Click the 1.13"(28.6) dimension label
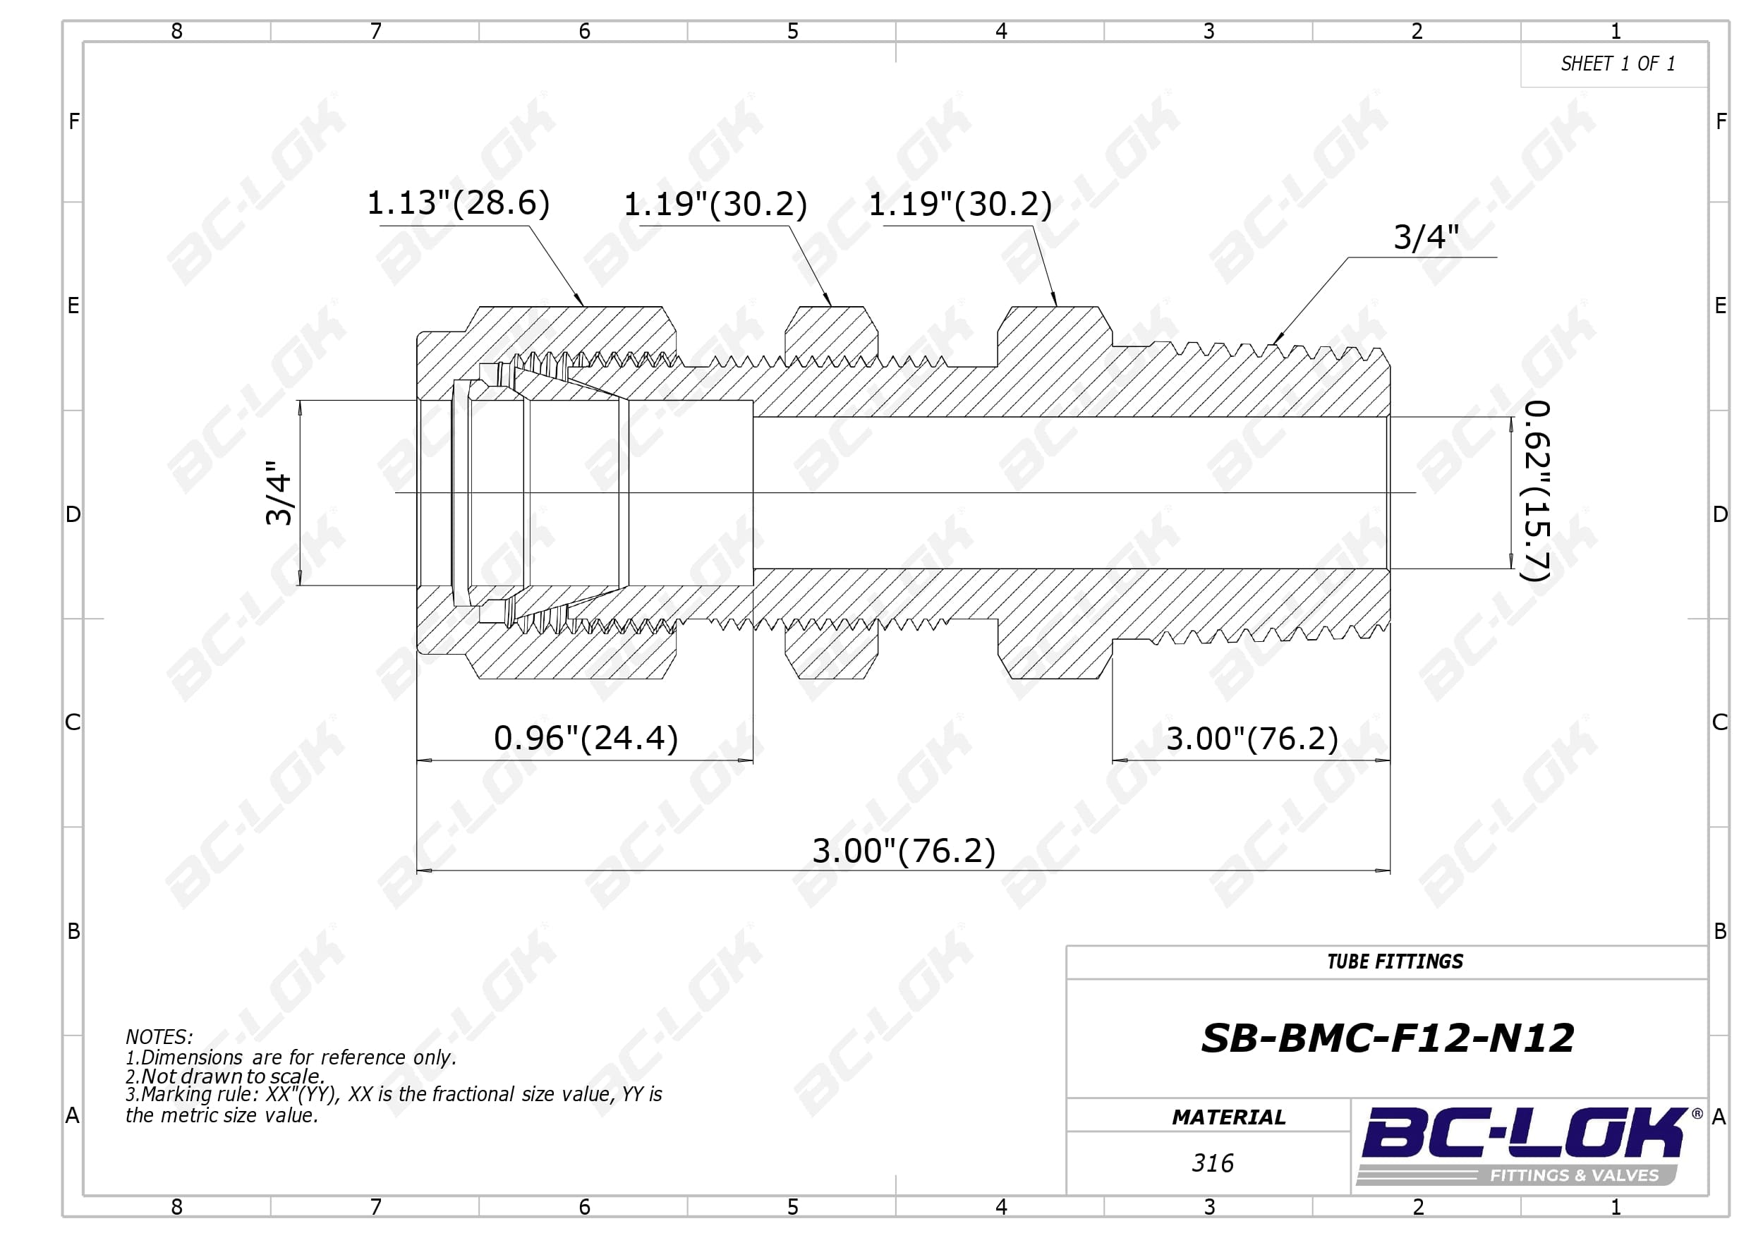tap(459, 204)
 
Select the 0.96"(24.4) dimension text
tap(586, 739)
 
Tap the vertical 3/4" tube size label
tap(279, 493)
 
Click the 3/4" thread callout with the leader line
tap(1426, 237)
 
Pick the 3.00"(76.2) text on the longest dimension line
tap(904, 851)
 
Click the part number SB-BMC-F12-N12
tap(1387, 1038)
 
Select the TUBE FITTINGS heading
tap(1395, 961)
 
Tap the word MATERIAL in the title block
tap(1229, 1117)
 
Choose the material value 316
tap(1213, 1163)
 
